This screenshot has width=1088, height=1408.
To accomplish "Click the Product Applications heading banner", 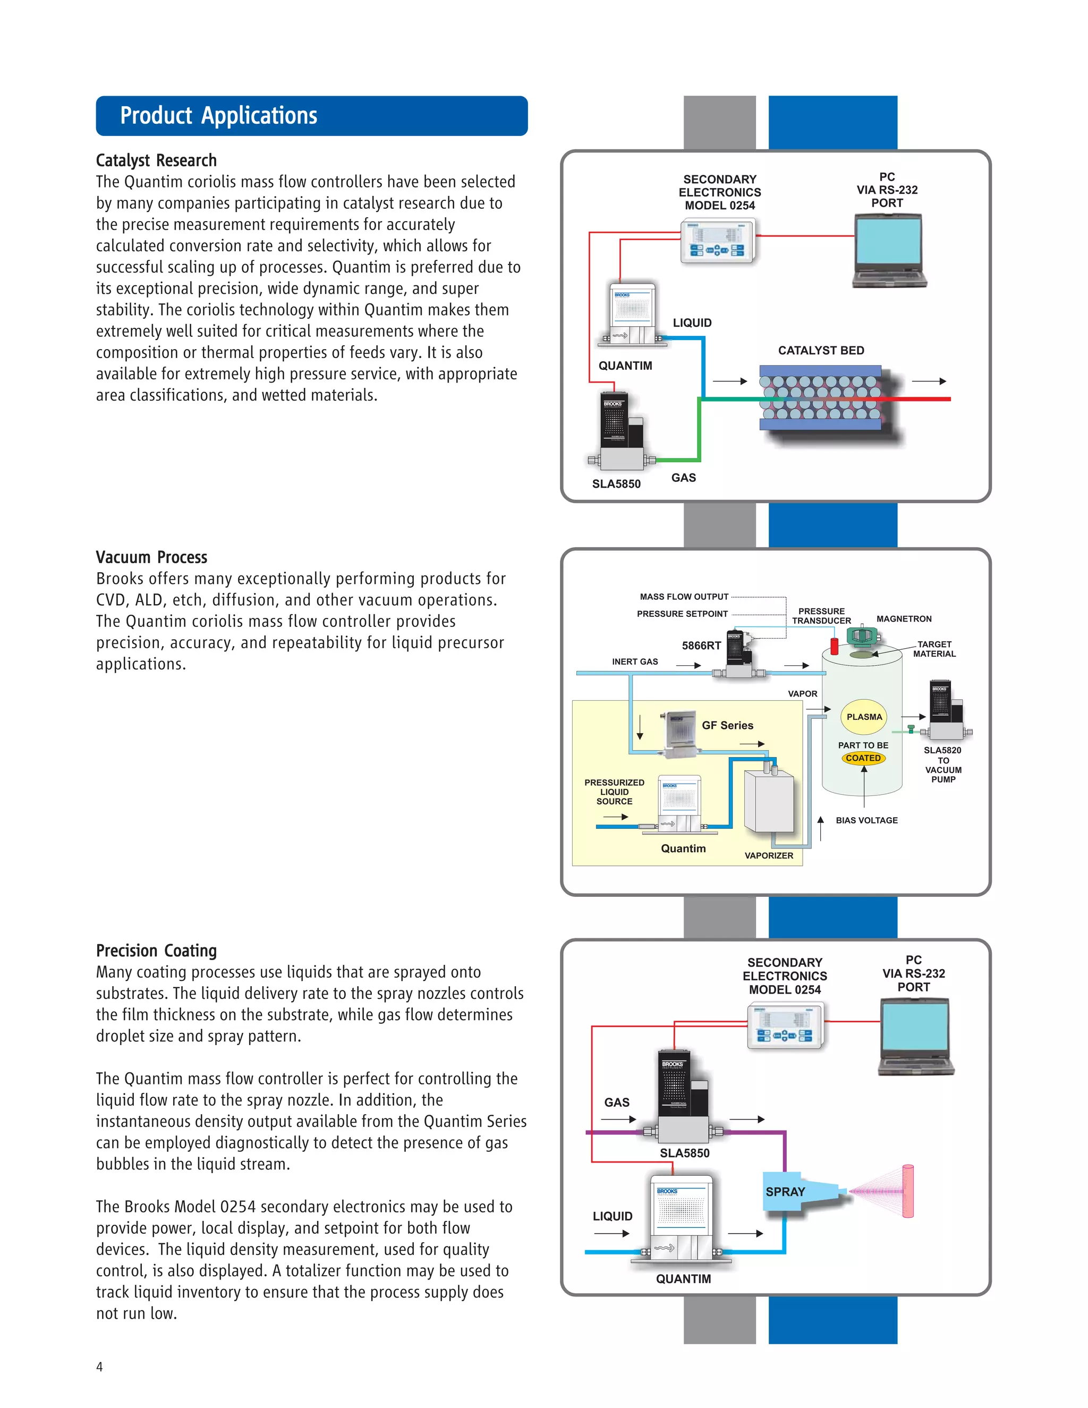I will [311, 116].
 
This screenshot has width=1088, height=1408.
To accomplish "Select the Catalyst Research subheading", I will [157, 160].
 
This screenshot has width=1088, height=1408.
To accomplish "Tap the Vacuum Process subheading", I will [151, 557].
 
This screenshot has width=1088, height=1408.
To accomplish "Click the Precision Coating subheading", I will [157, 951].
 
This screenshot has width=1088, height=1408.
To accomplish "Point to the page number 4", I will [99, 1366].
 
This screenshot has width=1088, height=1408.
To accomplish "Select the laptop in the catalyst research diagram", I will [889, 251].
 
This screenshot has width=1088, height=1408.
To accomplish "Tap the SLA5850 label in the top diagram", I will [616, 484].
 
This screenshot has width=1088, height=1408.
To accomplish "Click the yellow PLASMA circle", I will [864, 717].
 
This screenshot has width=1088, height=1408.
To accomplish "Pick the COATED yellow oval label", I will [863, 758].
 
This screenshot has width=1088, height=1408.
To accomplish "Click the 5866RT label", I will [701, 646].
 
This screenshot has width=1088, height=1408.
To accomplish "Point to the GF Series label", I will [727, 725].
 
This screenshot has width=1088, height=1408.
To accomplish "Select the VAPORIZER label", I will [768, 855].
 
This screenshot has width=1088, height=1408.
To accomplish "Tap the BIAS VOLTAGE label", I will [866, 820].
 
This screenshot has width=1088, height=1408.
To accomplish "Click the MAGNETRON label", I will [904, 619].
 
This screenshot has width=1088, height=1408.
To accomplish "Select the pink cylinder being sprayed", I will [907, 1191].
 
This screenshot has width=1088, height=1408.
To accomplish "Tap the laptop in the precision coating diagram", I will [915, 1037].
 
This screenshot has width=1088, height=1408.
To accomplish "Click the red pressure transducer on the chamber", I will [834, 646].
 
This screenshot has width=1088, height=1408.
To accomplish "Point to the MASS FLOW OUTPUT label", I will [684, 597].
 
